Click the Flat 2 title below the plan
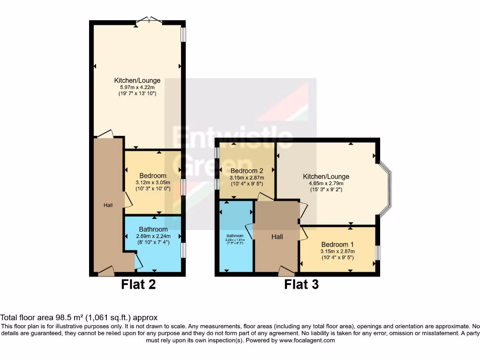[138, 284]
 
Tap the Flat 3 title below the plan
[301, 284]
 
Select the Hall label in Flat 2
[108, 205]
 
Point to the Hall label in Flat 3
[277, 237]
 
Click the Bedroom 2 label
[247, 171]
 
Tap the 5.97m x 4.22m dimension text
[137, 87]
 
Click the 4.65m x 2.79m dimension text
[326, 184]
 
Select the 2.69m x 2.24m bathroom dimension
[153, 236]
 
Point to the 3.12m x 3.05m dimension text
[153, 182]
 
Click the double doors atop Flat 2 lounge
[149, 20]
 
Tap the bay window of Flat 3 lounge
[386, 190]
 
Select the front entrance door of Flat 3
[286, 270]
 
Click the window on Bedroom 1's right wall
[377, 253]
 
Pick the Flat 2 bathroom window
[183, 249]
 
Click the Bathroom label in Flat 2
[153, 229]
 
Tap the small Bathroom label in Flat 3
[235, 236]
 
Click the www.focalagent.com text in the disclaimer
[307, 340]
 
